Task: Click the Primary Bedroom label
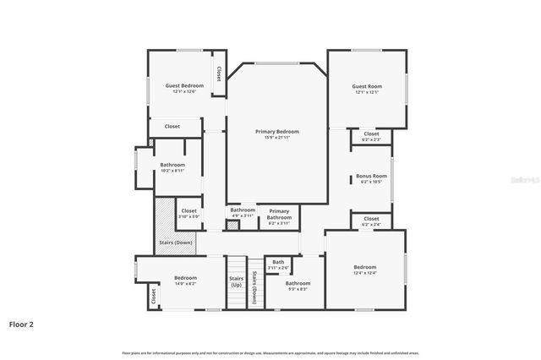(277, 132)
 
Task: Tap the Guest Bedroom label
(184, 86)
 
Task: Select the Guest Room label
(368, 86)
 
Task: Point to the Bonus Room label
(371, 176)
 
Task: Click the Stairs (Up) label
(237, 281)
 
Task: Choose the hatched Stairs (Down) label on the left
(176, 243)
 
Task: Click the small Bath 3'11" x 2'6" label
(278, 262)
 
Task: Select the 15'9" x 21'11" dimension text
(277, 137)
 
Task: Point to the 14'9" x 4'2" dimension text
(185, 283)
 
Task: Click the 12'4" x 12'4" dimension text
(365, 272)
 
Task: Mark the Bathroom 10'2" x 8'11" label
(172, 165)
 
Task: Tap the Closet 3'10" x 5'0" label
(189, 211)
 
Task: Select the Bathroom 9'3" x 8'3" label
(298, 284)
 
